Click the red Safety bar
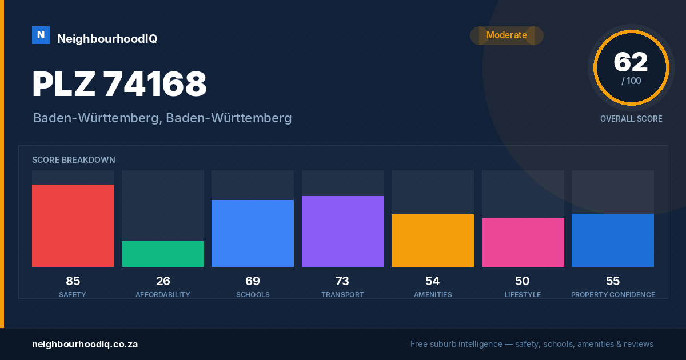pyautogui.click(x=73, y=226)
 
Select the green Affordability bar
pyautogui.click(x=163, y=254)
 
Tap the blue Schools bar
pyautogui.click(x=253, y=233)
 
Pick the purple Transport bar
pyautogui.click(x=342, y=231)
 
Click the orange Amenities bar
pyautogui.click(x=433, y=241)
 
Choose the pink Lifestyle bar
pyautogui.click(x=523, y=242)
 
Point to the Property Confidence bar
pyautogui.click(x=613, y=241)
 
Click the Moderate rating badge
pyautogui.click(x=507, y=35)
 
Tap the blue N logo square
pyautogui.click(x=41, y=35)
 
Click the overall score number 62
pyautogui.click(x=631, y=62)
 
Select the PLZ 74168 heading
pyautogui.click(x=119, y=84)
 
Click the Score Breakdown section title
pyautogui.click(x=74, y=160)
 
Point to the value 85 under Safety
pyautogui.click(x=73, y=281)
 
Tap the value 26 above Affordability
pyautogui.click(x=163, y=281)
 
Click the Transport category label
pyautogui.click(x=342, y=295)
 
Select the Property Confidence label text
pyautogui.click(x=613, y=295)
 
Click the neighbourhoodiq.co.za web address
pyautogui.click(x=85, y=345)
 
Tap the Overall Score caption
pyautogui.click(x=631, y=119)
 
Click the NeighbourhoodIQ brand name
pyautogui.click(x=107, y=39)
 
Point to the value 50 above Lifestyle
pyautogui.click(x=522, y=281)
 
